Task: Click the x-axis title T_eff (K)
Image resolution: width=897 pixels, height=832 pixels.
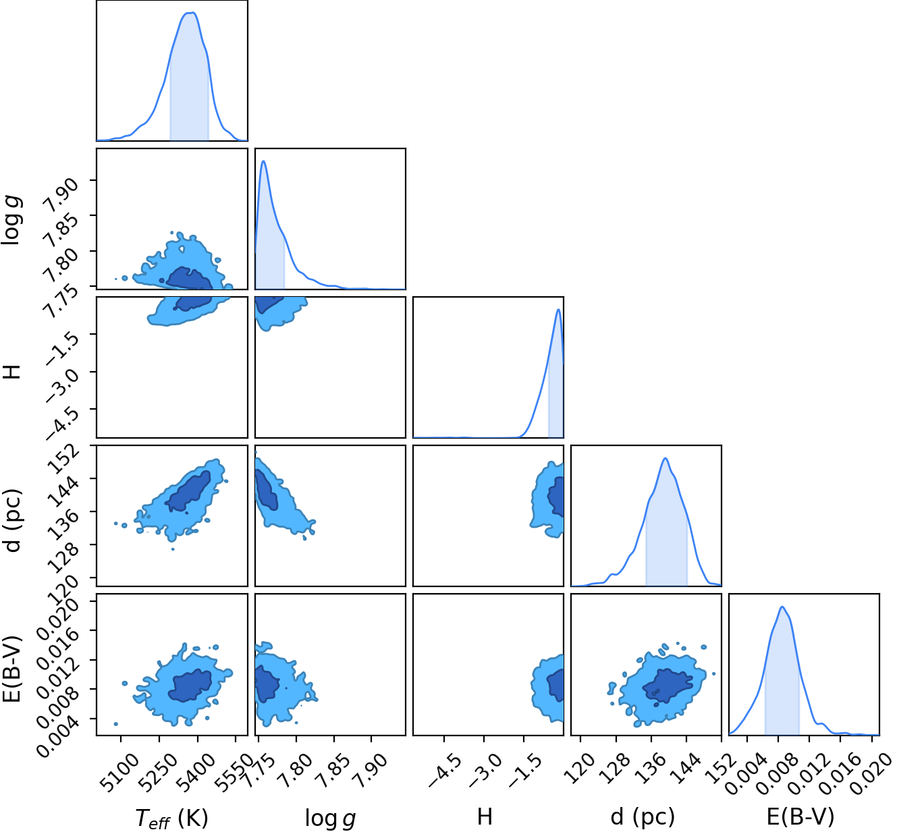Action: click(171, 816)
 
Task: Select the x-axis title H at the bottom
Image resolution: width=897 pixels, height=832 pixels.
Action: click(485, 816)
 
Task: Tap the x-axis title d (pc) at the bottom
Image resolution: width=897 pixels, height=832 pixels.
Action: click(643, 816)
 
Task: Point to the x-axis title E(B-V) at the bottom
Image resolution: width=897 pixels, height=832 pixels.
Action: click(800, 816)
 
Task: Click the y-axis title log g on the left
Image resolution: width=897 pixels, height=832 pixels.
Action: click(11, 220)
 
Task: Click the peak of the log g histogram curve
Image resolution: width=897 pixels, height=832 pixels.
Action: click(263, 161)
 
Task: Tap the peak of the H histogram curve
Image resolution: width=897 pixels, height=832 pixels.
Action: click(559, 310)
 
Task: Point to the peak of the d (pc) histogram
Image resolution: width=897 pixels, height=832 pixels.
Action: click(665, 458)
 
